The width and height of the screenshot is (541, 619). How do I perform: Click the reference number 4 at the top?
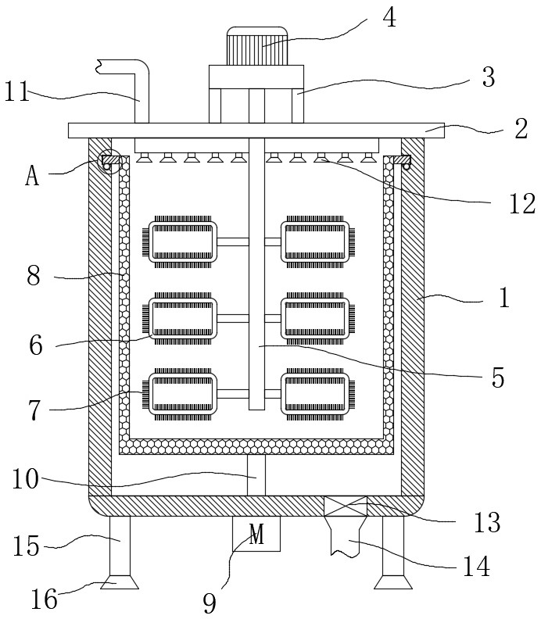tap(390, 18)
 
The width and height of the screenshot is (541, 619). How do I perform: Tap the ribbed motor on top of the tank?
tap(256, 46)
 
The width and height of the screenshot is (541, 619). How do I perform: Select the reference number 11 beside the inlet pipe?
tap(17, 92)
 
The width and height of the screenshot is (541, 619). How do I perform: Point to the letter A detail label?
tap(32, 176)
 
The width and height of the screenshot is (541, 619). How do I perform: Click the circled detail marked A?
tap(106, 162)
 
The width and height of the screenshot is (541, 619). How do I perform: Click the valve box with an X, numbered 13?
tap(345, 506)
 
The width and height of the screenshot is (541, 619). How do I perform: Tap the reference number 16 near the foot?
tap(45, 599)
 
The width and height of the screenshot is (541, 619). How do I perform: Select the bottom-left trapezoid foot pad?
tap(120, 582)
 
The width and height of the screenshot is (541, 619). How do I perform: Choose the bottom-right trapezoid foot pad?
tap(393, 582)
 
